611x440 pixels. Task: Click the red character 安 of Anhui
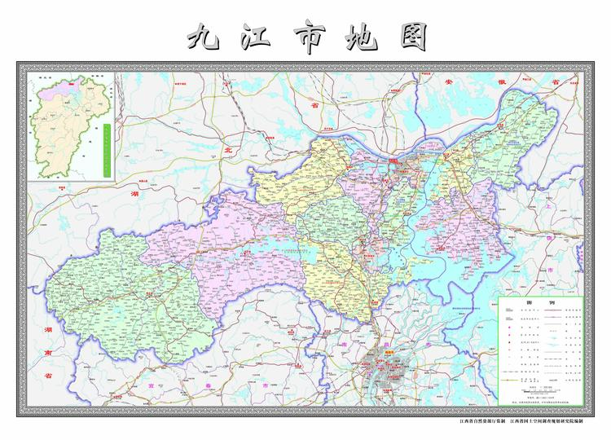(447, 83)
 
